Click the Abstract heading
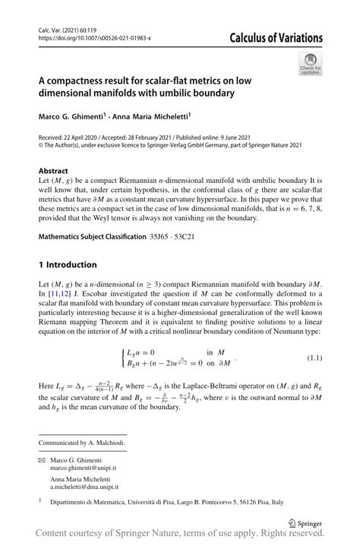(x=53, y=171)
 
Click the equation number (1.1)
(x=313, y=357)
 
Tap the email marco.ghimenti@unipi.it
(x=84, y=469)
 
